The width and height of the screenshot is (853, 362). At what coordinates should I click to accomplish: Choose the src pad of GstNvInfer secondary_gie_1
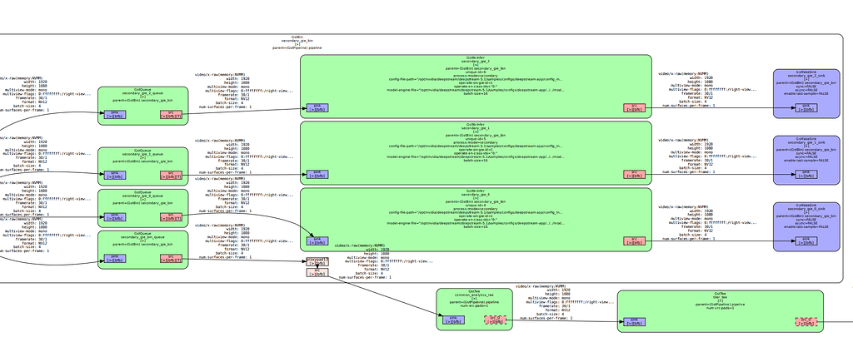pyautogui.click(x=634, y=175)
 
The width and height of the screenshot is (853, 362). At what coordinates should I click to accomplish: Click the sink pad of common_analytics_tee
pyautogui.click(x=453, y=320)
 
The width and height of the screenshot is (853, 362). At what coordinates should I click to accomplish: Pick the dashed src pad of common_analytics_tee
pyautogui.click(x=495, y=320)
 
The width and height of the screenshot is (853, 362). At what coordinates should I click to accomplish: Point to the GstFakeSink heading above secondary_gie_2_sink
pyautogui.click(x=806, y=72)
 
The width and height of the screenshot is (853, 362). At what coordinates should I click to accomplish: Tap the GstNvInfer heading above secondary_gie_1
pyautogui.click(x=476, y=124)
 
